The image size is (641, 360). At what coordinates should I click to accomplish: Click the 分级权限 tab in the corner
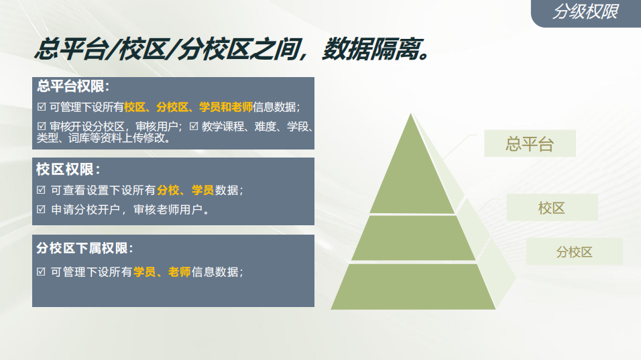[586, 12]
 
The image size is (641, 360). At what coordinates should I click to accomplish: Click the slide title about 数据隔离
[232, 50]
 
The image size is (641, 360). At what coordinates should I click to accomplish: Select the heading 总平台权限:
[73, 86]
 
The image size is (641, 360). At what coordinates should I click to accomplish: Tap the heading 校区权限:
[68, 169]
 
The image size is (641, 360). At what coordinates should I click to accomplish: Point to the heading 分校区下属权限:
[84, 248]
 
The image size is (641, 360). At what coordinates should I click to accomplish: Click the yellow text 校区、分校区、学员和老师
[188, 107]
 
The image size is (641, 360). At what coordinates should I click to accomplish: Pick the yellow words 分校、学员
[185, 190]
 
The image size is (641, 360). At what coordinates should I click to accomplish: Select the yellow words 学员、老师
[162, 272]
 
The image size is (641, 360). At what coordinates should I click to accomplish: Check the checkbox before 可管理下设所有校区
[42, 107]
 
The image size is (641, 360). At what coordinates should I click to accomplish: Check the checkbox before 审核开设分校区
[42, 127]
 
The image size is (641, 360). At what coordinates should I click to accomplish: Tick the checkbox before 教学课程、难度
[194, 127]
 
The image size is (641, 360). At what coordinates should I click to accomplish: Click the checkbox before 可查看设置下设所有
[41, 190]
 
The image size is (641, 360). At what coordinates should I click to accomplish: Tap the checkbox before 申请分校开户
[41, 210]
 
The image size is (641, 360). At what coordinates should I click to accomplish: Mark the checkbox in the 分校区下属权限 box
[41, 272]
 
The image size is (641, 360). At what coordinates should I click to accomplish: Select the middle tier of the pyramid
[413, 237]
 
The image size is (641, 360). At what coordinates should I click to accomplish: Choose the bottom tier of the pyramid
[413, 286]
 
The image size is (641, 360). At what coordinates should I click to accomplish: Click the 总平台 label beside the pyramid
[530, 143]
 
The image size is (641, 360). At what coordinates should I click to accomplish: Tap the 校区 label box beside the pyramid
[552, 208]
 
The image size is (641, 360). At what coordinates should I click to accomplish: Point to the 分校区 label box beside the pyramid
[575, 251]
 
